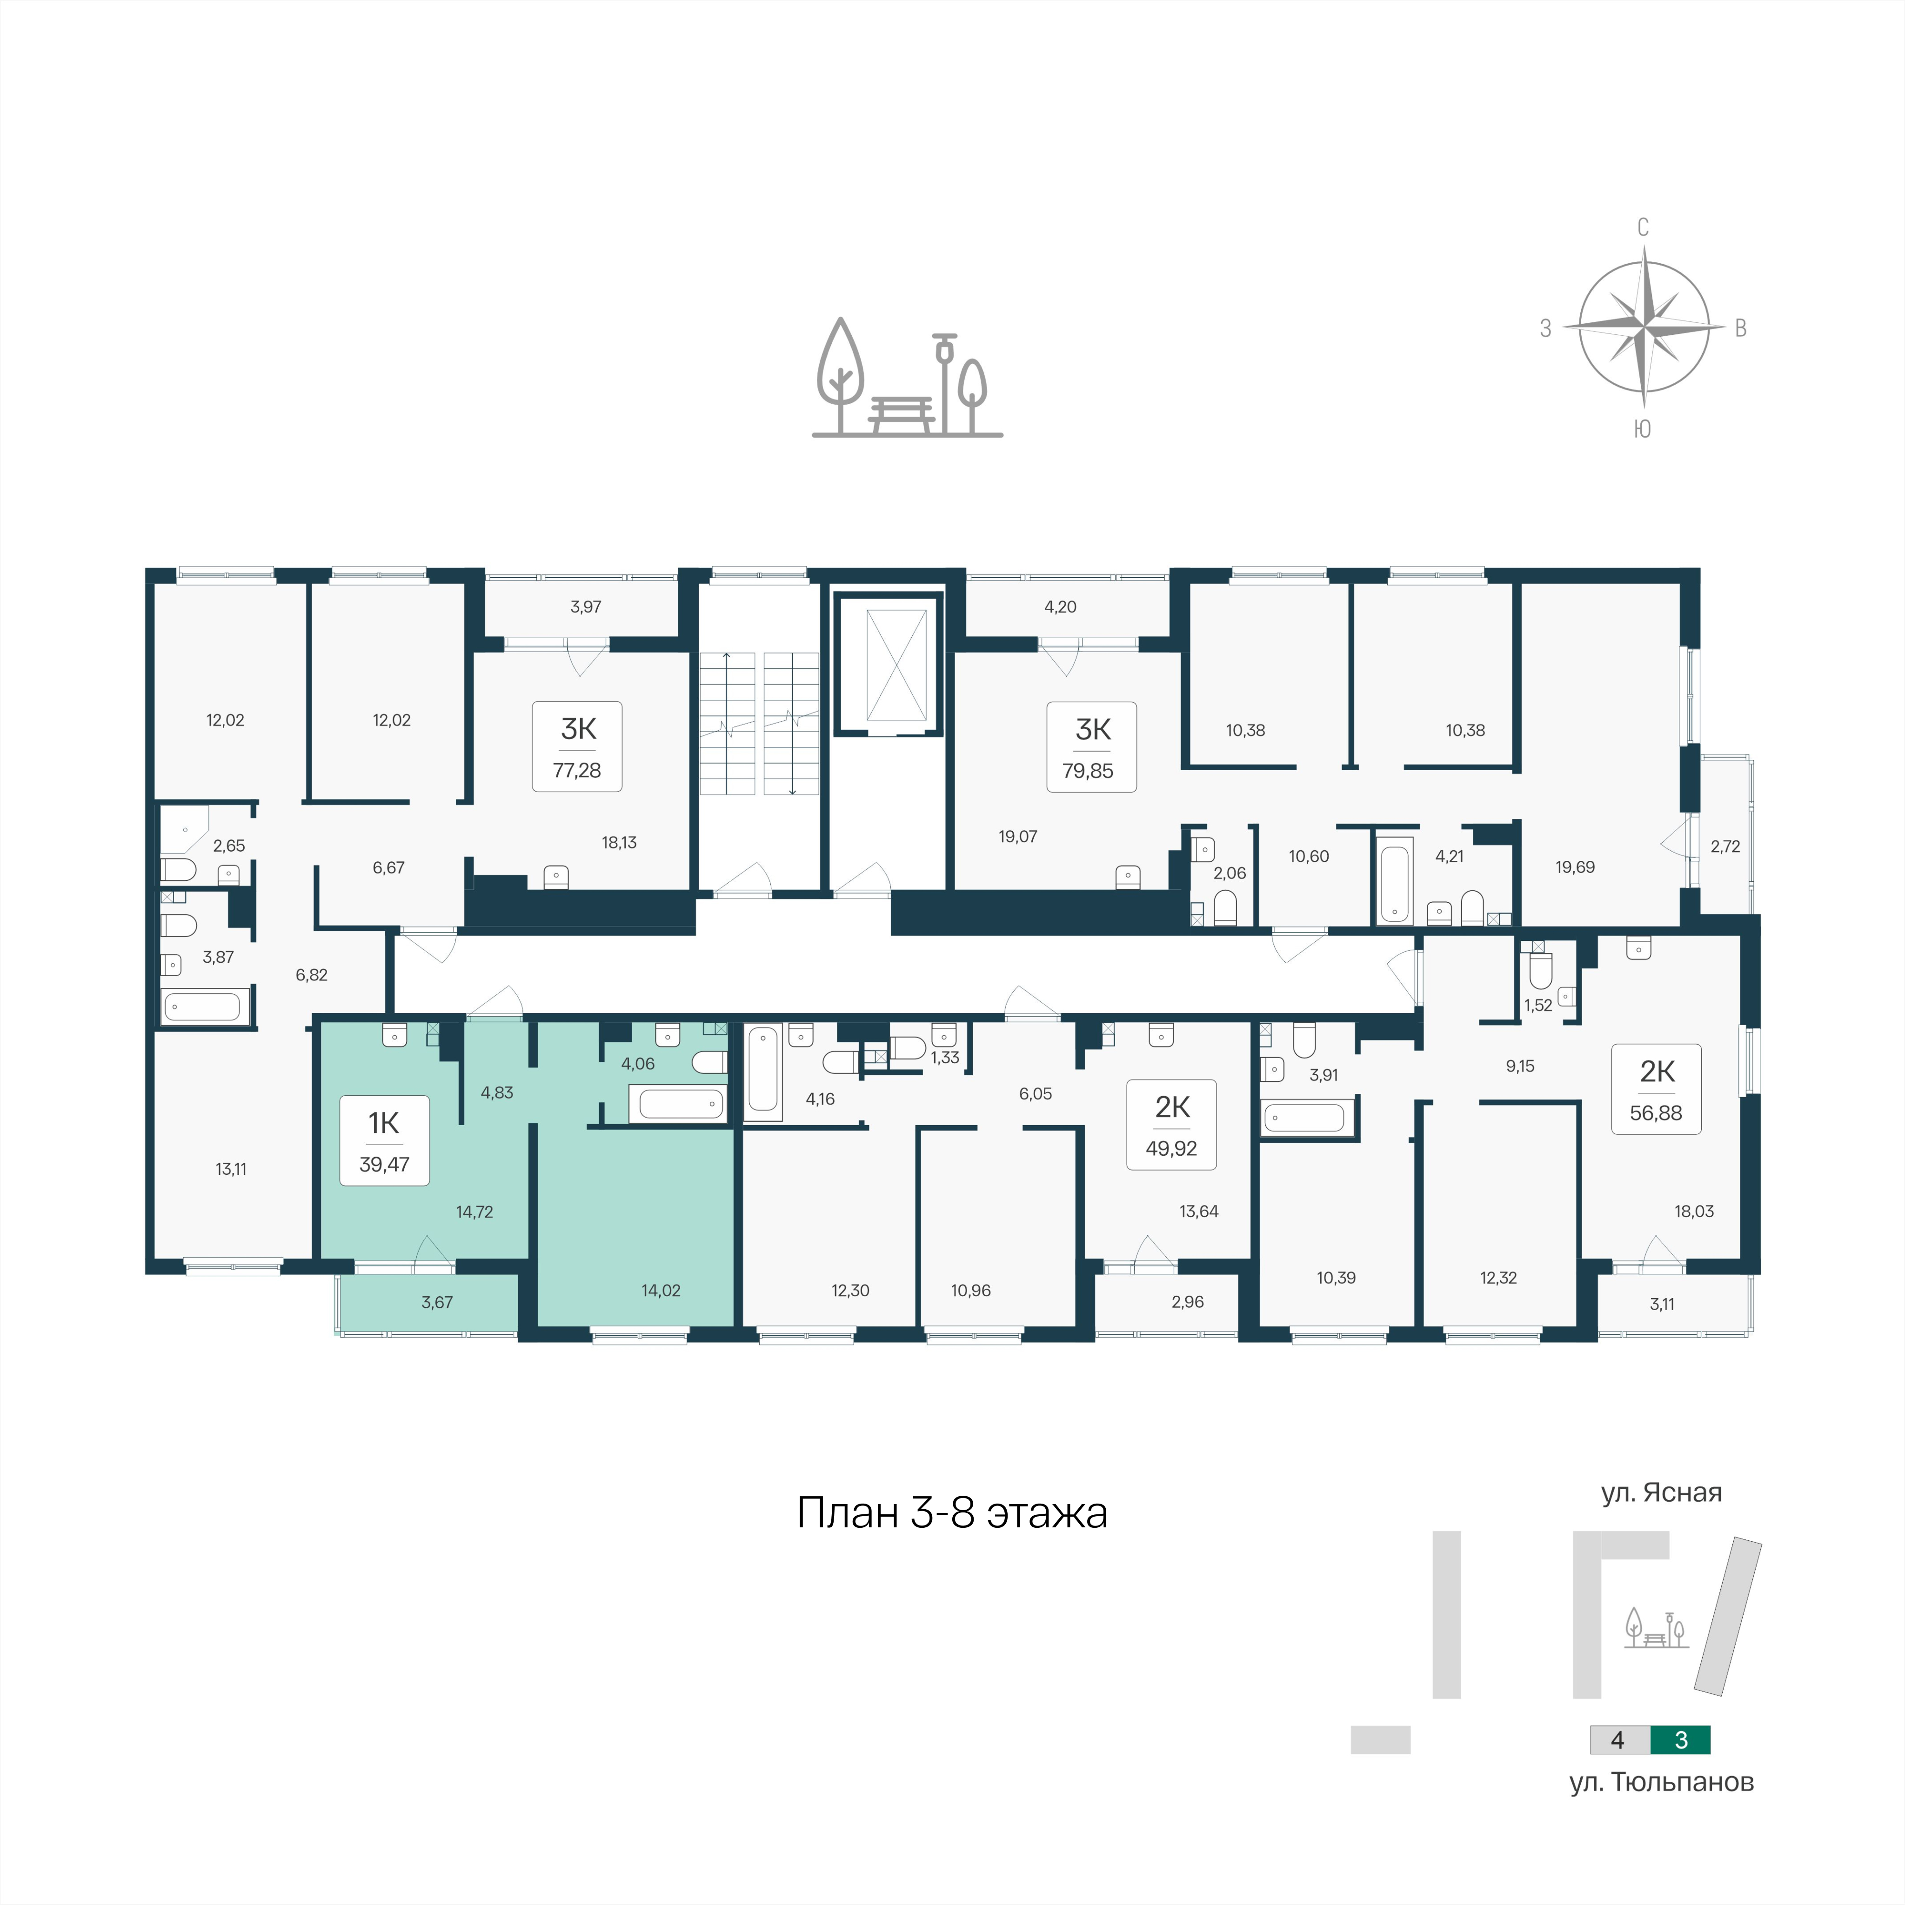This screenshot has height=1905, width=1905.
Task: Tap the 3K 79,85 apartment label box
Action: click(x=1091, y=746)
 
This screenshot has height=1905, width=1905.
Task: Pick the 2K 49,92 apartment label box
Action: click(x=1171, y=1124)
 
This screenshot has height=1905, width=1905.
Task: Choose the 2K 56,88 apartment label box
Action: click(x=1657, y=1089)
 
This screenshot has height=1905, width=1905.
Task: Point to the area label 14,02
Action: click(x=661, y=1290)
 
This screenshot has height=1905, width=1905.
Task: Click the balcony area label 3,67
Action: click(x=437, y=1303)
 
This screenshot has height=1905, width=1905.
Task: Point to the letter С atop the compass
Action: click(x=1643, y=228)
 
